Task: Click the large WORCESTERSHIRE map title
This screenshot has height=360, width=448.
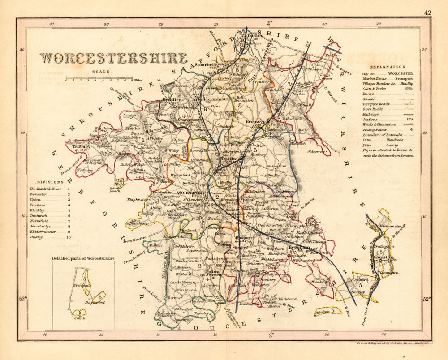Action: pyautogui.click(x=114, y=59)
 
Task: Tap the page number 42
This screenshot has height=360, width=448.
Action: pyautogui.click(x=427, y=13)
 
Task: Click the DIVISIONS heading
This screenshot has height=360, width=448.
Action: pyautogui.click(x=47, y=182)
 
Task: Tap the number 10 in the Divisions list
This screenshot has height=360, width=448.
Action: pyautogui.click(x=69, y=238)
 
